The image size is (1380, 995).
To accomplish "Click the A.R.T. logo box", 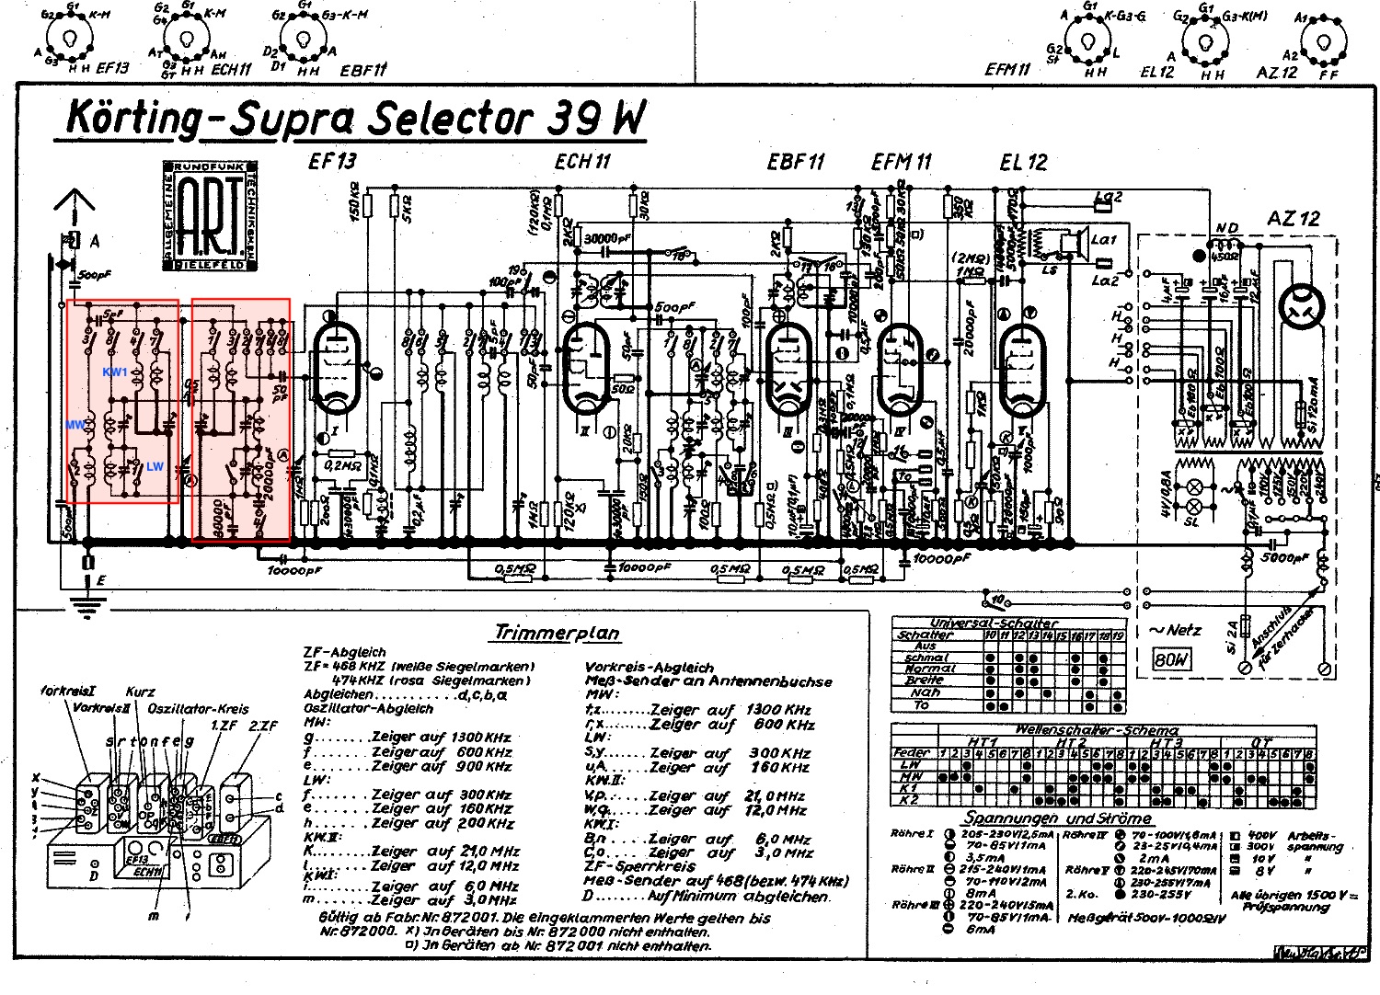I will (x=211, y=217).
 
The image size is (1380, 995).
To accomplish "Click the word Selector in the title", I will (x=450, y=119).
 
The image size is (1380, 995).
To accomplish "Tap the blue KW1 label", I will (x=115, y=372).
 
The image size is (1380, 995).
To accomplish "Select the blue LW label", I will (x=155, y=466).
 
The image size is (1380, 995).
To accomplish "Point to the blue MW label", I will (x=75, y=425).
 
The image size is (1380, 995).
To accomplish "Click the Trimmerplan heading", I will (x=558, y=633).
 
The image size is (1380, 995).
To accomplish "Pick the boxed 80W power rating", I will (x=1171, y=658).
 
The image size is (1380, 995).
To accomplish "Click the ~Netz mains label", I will (x=1175, y=630).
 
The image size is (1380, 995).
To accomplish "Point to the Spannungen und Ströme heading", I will (x=1057, y=818).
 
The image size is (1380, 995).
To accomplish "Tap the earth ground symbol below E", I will (x=87, y=605).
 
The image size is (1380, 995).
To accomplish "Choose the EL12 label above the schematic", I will (x=1023, y=163).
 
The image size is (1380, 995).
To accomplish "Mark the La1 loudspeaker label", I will (x=1103, y=239).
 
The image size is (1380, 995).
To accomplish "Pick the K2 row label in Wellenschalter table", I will (x=910, y=800).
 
